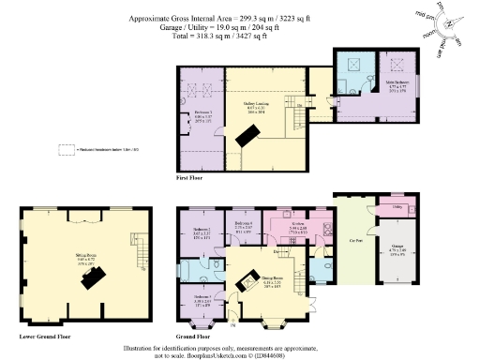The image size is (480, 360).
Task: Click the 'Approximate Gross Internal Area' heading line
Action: pos(240,18)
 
